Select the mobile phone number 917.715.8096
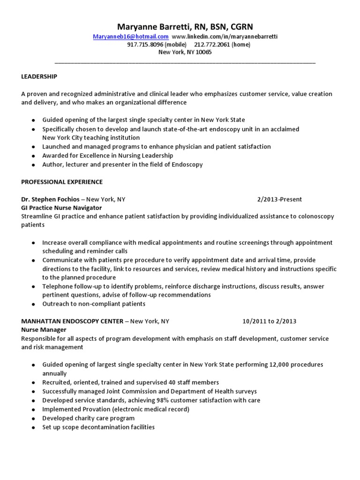(144, 45)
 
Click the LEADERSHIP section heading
(39, 76)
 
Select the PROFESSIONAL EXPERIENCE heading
(62, 182)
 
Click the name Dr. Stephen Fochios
(50, 199)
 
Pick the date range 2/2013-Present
(279, 199)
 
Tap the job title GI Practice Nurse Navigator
(61, 208)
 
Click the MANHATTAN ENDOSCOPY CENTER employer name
(72, 321)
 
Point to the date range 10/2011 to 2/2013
(269, 321)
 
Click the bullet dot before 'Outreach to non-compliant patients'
(33, 304)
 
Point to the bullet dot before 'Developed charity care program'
(33, 419)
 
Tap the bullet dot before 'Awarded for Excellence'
(33, 156)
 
